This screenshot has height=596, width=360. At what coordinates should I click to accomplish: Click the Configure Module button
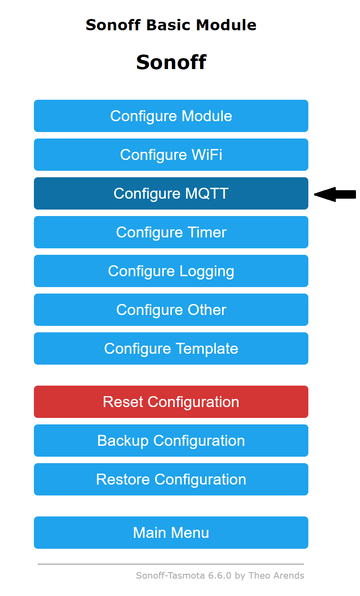click(x=171, y=116)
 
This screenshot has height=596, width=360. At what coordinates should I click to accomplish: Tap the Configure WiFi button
click(x=171, y=155)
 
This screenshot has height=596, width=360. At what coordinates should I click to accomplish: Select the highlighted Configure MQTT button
click(x=171, y=193)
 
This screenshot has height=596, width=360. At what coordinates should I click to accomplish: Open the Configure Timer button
click(x=171, y=232)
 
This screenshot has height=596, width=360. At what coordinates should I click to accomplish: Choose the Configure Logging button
click(x=171, y=271)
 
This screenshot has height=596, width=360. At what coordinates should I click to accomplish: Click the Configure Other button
click(x=171, y=310)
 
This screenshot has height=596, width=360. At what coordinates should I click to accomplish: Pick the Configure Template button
click(x=171, y=348)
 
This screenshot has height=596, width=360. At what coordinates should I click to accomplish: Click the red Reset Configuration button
click(x=171, y=402)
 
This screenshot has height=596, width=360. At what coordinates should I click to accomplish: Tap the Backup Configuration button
click(x=171, y=441)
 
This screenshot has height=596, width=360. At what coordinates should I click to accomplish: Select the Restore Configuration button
click(x=171, y=479)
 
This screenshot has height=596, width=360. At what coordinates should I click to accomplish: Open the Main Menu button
click(x=171, y=533)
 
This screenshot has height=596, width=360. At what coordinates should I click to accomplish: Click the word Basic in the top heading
click(x=169, y=25)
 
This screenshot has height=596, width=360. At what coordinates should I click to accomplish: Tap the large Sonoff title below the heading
click(x=171, y=62)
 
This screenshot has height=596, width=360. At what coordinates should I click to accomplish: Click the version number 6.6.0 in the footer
click(x=220, y=576)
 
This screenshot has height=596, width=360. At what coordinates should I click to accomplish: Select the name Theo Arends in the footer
click(x=276, y=576)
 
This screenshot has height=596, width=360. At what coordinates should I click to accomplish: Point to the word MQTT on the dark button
click(x=207, y=193)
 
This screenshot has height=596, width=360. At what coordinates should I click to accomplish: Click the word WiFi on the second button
click(x=207, y=155)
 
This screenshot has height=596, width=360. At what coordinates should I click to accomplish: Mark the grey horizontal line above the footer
click(x=171, y=564)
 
